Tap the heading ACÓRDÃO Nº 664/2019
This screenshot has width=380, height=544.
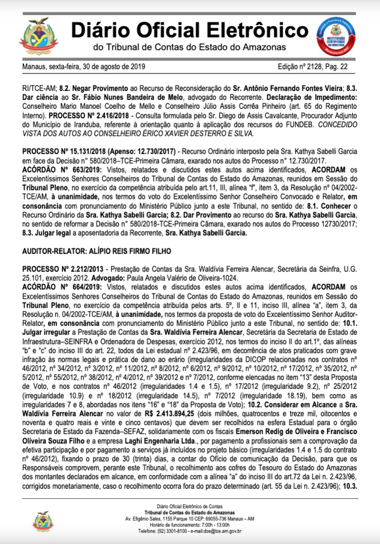pyautogui.click(x=58, y=285)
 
